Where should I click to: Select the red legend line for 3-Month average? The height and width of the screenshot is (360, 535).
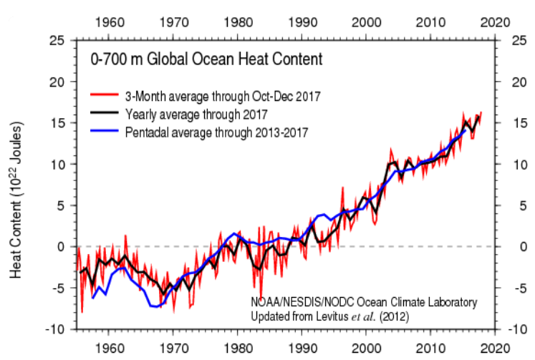pyautogui.click(x=105, y=95)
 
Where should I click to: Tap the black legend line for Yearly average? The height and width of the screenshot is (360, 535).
pyautogui.click(x=105, y=114)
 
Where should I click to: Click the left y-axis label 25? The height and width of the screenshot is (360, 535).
pyautogui.click(x=56, y=40)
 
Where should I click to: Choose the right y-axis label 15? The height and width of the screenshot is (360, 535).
pyautogui.click(x=521, y=122)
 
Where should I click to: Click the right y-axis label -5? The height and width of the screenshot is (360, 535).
pyautogui.click(x=519, y=288)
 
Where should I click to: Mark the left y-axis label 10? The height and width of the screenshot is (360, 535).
pyautogui.click(x=56, y=164)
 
